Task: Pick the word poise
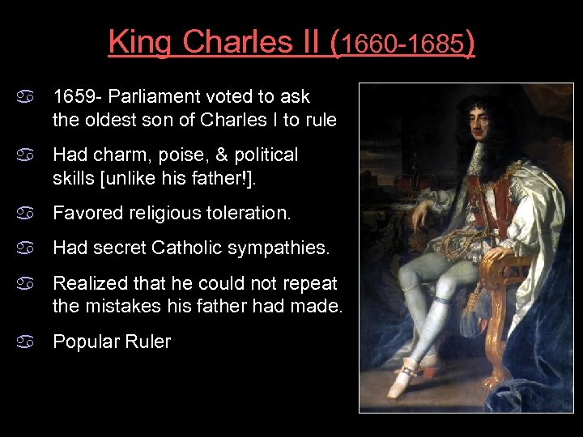tap(177, 155)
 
